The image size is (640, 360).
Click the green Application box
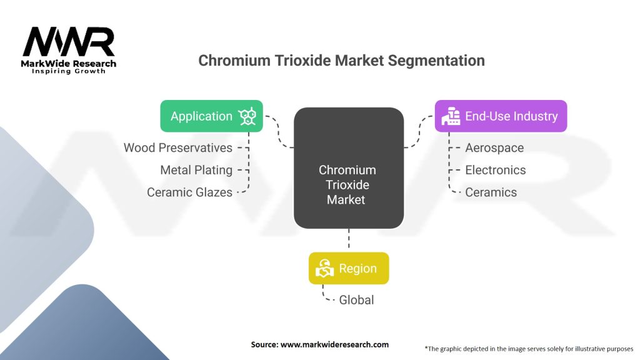coord(211,116)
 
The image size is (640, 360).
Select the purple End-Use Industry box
coord(501,116)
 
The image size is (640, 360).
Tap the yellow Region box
coord(349,269)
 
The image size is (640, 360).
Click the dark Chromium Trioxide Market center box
coord(348,168)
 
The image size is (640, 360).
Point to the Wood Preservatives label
coord(178,148)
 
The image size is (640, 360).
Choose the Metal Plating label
coord(196,170)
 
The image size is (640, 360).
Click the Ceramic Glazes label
coord(189,192)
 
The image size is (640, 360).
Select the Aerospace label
coord(494,148)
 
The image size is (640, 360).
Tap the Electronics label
coord(496,170)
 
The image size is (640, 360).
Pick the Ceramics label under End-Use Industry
coord(491,192)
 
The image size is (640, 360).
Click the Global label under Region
coord(356,300)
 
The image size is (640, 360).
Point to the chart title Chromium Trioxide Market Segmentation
coord(341,61)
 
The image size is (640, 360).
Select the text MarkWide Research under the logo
coord(69,64)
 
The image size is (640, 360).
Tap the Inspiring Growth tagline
coord(69,72)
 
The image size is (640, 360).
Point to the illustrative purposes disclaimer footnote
coord(529,348)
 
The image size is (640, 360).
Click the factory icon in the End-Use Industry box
coord(450,117)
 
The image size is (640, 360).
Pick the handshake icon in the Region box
coord(325,269)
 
